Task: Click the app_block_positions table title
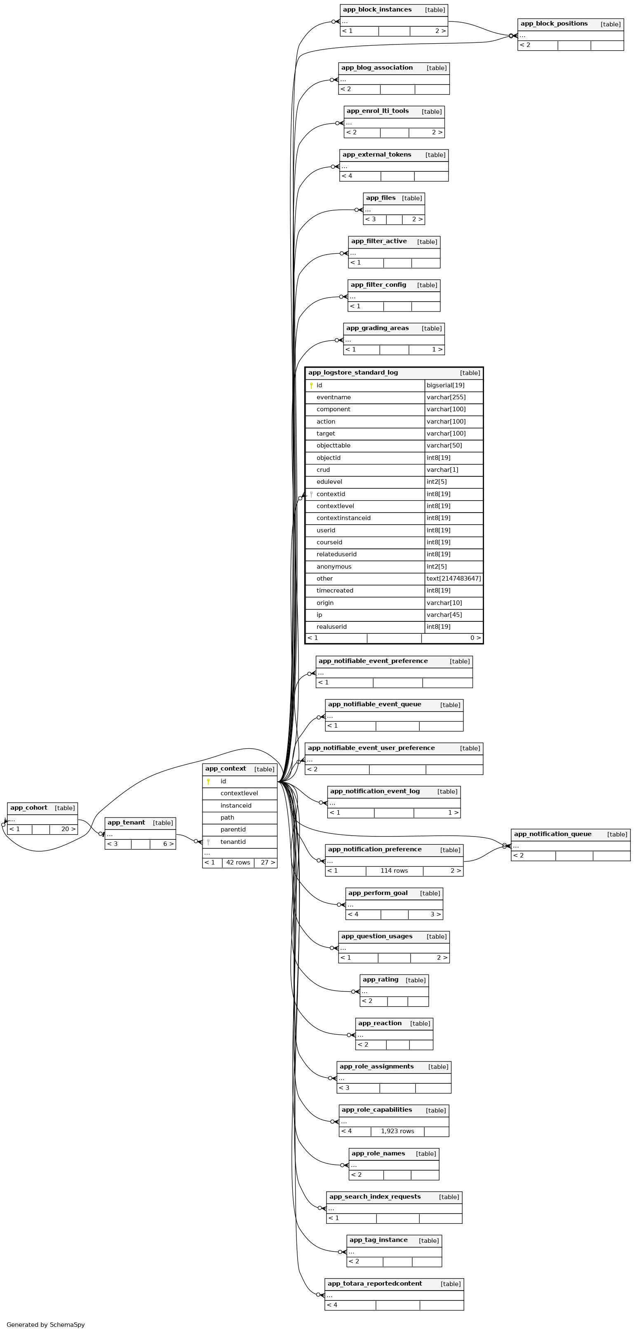(x=554, y=24)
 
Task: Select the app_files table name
(x=381, y=198)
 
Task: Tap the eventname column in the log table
(x=334, y=397)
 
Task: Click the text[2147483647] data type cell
(x=453, y=579)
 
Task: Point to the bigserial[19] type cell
(x=445, y=386)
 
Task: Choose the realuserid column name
(x=331, y=627)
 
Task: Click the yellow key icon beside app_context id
(x=208, y=781)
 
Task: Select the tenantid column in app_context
(x=233, y=842)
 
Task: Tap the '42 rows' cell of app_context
(x=238, y=862)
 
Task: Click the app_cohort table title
(x=28, y=808)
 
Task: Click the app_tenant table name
(x=126, y=823)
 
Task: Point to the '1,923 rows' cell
(x=397, y=1131)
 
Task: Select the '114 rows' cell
(x=394, y=871)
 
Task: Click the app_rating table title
(x=380, y=979)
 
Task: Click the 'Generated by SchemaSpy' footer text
(x=46, y=1324)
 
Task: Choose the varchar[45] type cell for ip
(x=444, y=615)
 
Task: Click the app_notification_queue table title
(x=552, y=834)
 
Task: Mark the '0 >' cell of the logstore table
(x=475, y=638)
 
